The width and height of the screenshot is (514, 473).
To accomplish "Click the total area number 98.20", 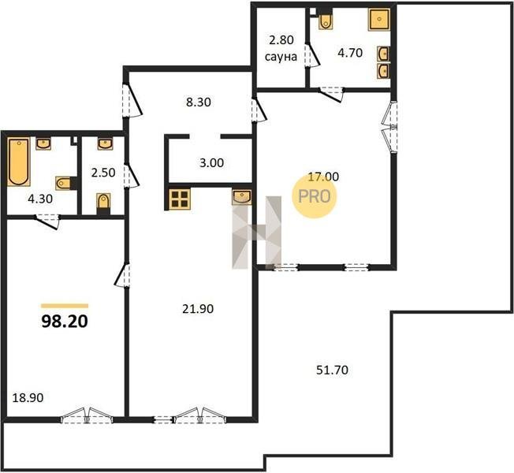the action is [65, 322].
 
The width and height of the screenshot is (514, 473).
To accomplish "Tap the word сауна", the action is [281, 57].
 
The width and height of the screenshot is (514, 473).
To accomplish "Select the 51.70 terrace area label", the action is [332, 370].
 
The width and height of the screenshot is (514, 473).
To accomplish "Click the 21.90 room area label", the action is [198, 309].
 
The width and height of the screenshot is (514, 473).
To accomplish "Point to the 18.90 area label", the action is [28, 398].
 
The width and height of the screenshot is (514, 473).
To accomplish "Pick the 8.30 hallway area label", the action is [199, 102].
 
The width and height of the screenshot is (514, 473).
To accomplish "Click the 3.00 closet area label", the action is [212, 162].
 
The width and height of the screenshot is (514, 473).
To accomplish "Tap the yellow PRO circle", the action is [315, 196].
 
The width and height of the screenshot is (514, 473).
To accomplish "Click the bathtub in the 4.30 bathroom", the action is [19, 162].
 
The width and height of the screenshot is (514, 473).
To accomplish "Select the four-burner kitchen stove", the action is [180, 199].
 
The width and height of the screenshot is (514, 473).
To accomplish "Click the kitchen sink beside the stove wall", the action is [242, 196].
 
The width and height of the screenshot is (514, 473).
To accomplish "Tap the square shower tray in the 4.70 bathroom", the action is [379, 20].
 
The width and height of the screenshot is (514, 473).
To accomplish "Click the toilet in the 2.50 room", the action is [103, 202].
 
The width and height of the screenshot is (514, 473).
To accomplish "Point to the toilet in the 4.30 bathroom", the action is [65, 183].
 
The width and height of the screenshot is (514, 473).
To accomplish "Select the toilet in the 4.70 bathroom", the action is [326, 20].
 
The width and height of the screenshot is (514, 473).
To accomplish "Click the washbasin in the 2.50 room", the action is [105, 143].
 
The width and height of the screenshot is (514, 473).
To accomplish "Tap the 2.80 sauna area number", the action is [281, 40].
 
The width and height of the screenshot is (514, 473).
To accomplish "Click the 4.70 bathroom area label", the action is [350, 53].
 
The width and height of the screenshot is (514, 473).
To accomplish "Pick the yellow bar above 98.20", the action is [65, 306].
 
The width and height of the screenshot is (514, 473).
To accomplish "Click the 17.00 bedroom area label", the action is [323, 177].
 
